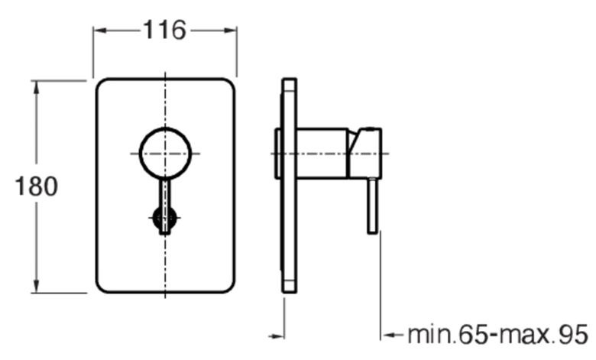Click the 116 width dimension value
click(x=164, y=30)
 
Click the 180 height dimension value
click(x=37, y=186)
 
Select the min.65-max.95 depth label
click(x=498, y=335)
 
